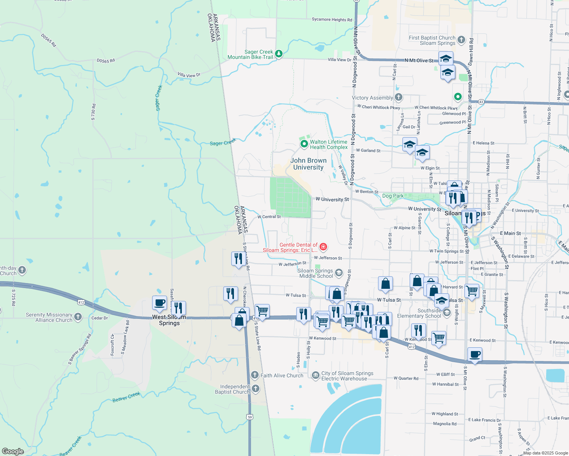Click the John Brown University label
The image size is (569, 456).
coord(308,164)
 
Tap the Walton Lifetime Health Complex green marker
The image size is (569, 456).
coord(304,144)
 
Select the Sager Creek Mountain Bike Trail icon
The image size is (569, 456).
coord(279,54)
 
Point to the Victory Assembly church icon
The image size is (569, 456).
coord(399,97)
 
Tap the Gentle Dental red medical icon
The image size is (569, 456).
coord(323,247)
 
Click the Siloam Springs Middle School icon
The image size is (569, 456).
coord(339,273)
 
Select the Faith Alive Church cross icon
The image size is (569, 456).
coord(255,375)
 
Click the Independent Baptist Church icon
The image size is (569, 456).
coord(256,388)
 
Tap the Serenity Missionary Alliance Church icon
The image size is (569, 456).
coord(78,317)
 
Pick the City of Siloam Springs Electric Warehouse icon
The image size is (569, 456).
coord(315,376)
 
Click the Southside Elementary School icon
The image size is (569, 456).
coord(447,313)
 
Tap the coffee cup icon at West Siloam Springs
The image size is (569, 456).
coord(160,303)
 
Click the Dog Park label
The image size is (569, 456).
coord(393,196)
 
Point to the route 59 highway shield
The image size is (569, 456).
coord(250,417)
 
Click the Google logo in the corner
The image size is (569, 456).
coord(13,451)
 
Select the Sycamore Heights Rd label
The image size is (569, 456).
coord(332,19)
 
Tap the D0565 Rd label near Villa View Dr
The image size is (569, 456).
coord(105,60)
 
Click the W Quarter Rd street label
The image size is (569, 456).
coord(406,378)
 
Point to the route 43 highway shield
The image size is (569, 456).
coord(481,102)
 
